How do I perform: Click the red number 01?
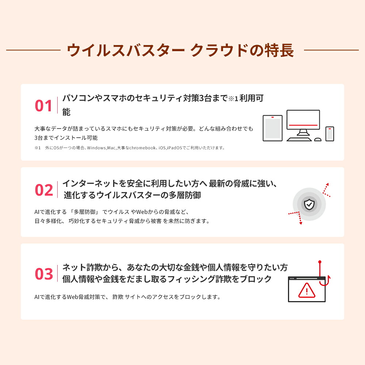coord(44,106)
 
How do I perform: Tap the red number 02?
coord(44,190)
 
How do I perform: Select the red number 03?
coord(44,274)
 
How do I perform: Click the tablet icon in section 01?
coord(273,128)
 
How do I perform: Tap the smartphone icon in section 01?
coord(330,134)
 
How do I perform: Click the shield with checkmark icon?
coord(309,204)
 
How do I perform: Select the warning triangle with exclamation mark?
coord(306,291)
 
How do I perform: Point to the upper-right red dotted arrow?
coord(326,189)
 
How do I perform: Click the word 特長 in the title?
coord(281,51)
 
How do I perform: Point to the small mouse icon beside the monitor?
coord(318,139)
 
